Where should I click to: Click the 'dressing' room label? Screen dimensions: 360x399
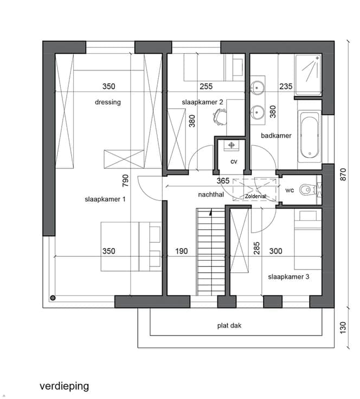click(107, 102)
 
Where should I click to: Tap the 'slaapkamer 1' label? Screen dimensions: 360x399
click(105, 200)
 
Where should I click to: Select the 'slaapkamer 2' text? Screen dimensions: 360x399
click(202, 102)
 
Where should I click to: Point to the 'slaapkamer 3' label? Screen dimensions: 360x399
click(288, 277)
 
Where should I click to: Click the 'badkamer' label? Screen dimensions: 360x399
click(276, 136)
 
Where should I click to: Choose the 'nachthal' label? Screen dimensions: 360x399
click(211, 195)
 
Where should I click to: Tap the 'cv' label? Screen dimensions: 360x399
click(234, 162)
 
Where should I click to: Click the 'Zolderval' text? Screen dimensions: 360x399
click(256, 196)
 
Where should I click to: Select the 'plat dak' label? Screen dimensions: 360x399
click(229, 325)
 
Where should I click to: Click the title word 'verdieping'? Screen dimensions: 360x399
click(65, 387)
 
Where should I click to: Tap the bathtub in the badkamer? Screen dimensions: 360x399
click(310, 136)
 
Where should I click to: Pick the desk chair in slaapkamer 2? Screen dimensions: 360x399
click(219, 117)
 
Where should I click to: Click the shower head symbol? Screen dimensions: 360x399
click(317, 58)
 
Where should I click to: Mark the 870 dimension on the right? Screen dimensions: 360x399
click(343, 175)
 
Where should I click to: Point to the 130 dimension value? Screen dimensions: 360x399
click(343, 328)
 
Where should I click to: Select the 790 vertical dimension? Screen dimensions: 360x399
click(125, 181)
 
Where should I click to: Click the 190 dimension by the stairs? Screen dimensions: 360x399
click(182, 251)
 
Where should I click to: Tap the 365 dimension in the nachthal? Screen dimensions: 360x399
click(223, 181)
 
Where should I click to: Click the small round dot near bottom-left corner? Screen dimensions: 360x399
click(53, 298)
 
